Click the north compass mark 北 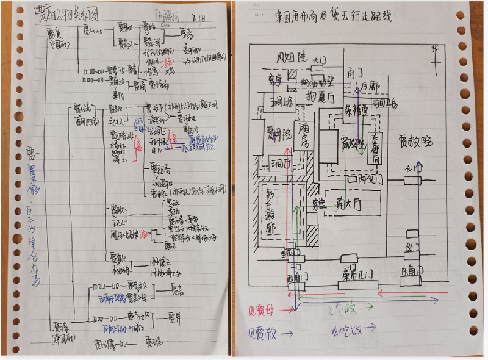434,47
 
